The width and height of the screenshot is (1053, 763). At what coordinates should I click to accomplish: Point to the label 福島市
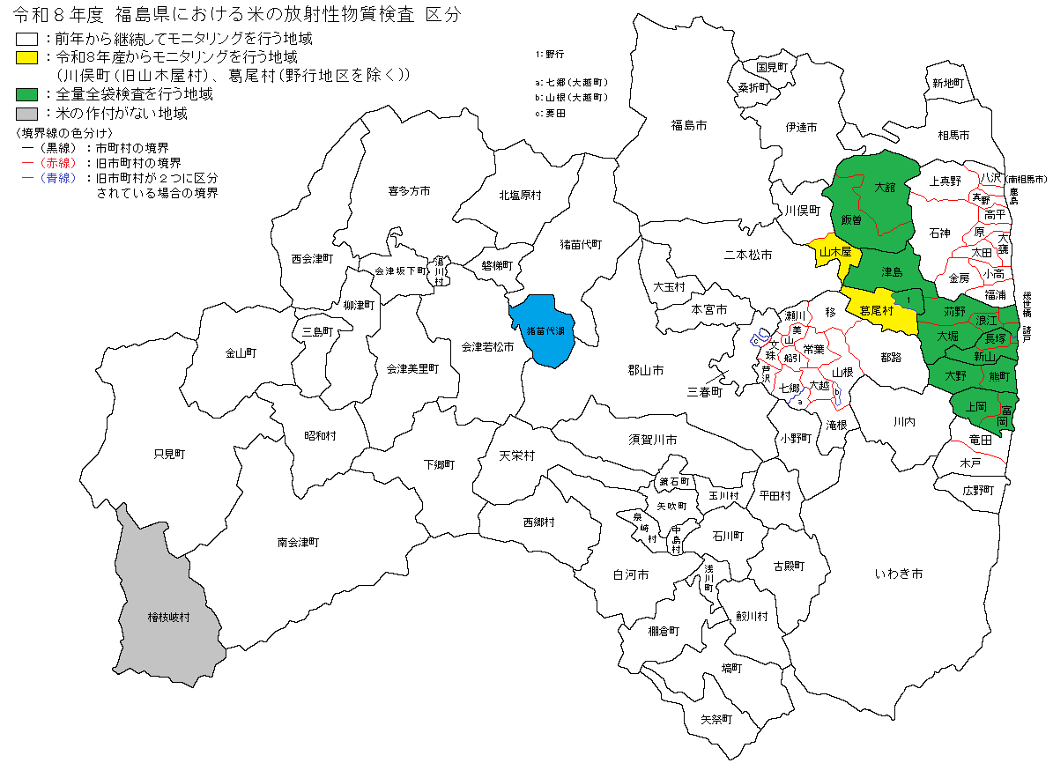click(x=689, y=126)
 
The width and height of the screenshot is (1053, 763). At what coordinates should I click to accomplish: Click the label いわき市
click(x=899, y=574)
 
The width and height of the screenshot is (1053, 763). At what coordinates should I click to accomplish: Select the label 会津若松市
click(x=487, y=347)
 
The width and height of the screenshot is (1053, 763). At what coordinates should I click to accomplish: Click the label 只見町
click(x=169, y=455)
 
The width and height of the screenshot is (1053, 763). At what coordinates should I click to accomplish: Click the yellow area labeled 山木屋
click(x=834, y=252)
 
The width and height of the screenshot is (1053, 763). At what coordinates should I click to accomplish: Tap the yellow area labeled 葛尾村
click(x=878, y=311)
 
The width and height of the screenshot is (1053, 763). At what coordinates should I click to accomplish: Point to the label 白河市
click(x=630, y=574)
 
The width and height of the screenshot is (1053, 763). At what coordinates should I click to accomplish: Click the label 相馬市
click(x=953, y=136)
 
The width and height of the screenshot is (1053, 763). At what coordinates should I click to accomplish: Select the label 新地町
click(x=949, y=83)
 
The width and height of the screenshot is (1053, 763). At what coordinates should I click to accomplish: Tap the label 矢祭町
click(x=716, y=719)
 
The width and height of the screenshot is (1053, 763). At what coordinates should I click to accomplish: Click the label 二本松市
click(x=747, y=256)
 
